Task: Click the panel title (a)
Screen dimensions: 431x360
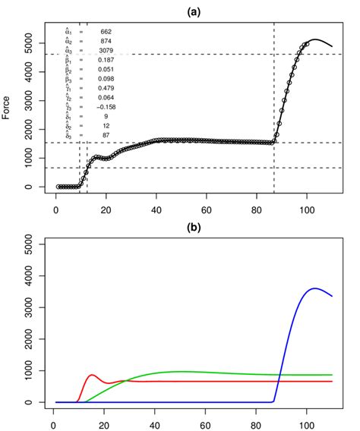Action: (194, 12)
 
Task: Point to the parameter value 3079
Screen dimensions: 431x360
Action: (106, 49)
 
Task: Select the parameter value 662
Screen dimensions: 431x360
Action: (106, 31)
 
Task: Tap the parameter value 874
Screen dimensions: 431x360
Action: (106, 40)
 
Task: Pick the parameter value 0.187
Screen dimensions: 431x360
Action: (106, 59)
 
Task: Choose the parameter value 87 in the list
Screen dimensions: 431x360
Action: (106, 134)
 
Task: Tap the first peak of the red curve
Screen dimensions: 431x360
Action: (93, 375)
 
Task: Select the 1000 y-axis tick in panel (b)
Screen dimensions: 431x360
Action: (33, 370)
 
